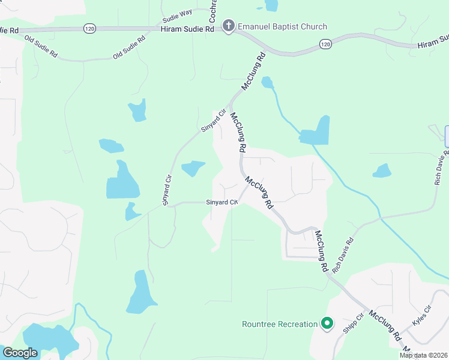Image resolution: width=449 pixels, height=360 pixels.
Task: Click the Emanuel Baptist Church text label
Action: (282, 26)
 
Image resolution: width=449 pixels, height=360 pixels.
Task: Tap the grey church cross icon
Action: (228, 26)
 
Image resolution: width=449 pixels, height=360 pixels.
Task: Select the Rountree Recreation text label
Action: (279, 324)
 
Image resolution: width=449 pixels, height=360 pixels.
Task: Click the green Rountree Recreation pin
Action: (327, 324)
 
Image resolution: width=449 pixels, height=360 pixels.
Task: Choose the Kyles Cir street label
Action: (422, 316)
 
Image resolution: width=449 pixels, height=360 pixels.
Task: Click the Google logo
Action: (20, 353)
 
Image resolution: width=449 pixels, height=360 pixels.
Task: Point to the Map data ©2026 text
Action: (424, 355)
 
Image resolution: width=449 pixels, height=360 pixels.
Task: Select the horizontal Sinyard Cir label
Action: (222, 202)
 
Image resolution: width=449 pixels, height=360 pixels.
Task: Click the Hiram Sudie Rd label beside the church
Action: (187, 28)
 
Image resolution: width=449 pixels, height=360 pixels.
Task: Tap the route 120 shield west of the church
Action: (89, 28)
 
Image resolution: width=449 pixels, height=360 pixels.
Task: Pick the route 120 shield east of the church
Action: (325, 44)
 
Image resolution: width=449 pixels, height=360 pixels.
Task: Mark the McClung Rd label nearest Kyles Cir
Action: (385, 326)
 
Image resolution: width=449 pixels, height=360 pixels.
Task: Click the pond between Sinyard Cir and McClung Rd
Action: (193, 168)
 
